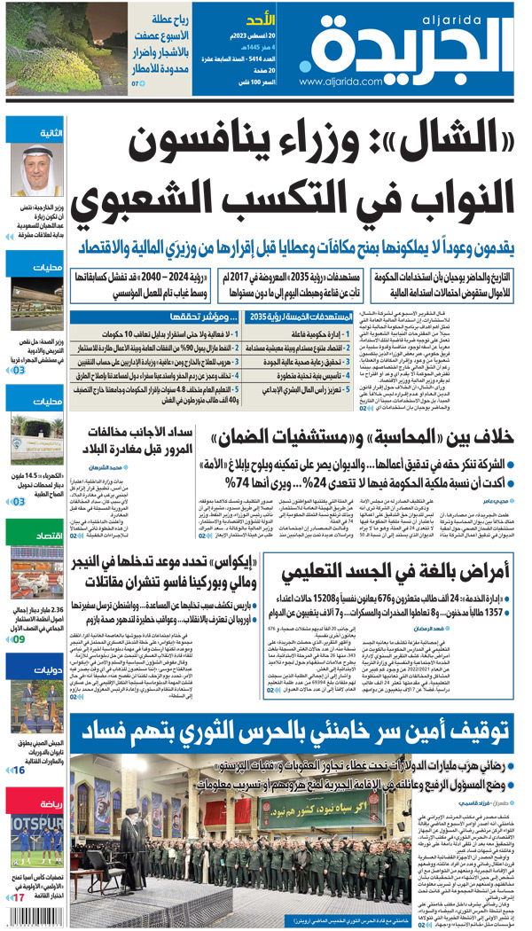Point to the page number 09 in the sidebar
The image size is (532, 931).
pos(18,638)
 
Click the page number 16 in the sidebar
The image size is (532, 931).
pos(18,771)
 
